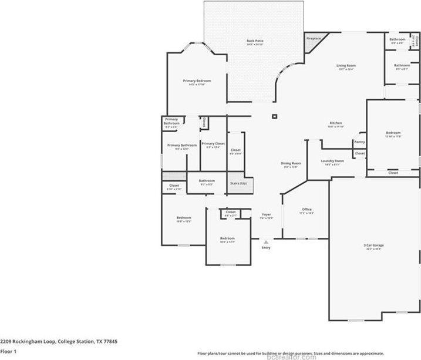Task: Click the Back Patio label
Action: coord(254,41)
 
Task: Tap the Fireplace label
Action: coord(314,38)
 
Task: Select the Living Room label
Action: coord(346,66)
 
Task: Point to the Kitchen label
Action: coord(335,123)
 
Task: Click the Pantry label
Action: coord(359,142)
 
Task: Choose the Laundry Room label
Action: coord(332,161)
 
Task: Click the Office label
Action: coord(307,209)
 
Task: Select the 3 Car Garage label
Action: coord(373,246)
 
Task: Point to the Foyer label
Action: coord(266,215)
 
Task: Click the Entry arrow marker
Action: coord(266,241)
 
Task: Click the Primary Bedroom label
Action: coord(196,81)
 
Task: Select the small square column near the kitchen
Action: coord(274,116)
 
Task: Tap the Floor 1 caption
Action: coord(9,351)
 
